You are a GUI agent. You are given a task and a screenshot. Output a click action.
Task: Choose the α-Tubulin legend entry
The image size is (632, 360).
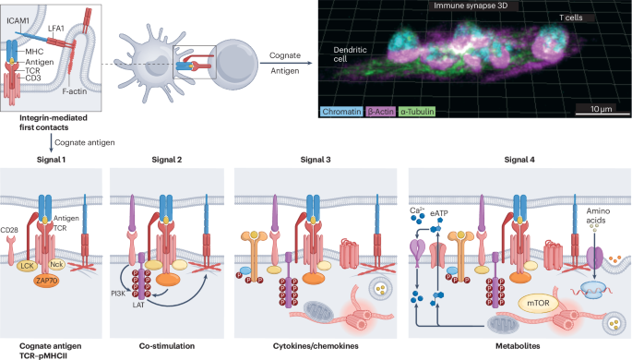click(x=427, y=111)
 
